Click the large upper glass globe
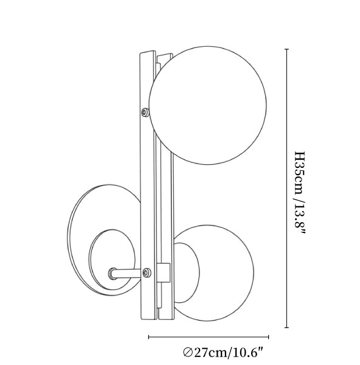[x=208, y=105]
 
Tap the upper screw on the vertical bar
[x=146, y=112]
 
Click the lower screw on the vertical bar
[x=147, y=273]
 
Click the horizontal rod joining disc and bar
[x=127, y=273]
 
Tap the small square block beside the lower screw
[x=163, y=273]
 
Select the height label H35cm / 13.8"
[x=299, y=192]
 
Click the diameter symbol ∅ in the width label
[x=187, y=353]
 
